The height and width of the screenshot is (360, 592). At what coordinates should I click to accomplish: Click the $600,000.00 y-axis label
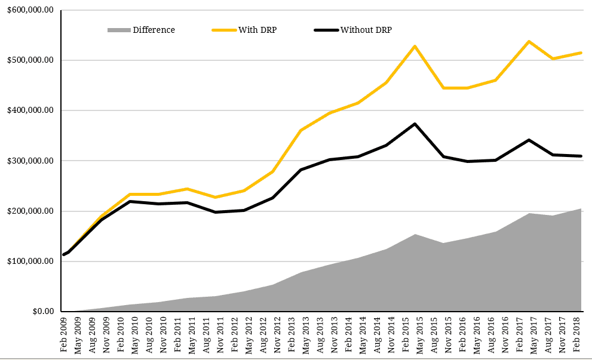27,10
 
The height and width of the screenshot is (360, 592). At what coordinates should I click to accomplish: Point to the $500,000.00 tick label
27,60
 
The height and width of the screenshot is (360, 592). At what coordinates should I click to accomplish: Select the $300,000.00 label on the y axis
27,161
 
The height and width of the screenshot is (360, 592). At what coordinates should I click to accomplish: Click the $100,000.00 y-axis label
27,261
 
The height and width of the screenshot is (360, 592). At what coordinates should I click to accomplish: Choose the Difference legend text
154,30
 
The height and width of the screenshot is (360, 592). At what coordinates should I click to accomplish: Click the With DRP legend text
257,30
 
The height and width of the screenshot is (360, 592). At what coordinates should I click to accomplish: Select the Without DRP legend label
366,30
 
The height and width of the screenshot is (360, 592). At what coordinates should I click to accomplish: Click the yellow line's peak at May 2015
415,46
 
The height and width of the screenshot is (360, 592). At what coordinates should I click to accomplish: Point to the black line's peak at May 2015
415,124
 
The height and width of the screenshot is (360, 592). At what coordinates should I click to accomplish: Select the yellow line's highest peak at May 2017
529,41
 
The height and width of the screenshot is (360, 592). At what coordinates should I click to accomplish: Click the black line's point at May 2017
529,140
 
